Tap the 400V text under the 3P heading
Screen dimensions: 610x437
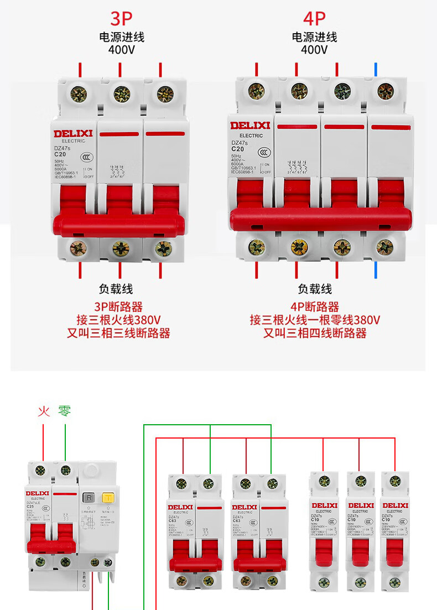tap(122, 50)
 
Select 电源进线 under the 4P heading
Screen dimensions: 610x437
tap(314, 37)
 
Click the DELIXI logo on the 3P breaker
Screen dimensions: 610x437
tap(72, 133)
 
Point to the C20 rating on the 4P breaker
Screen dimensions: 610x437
tap(237, 149)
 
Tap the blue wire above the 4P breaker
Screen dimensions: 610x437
tap(376, 69)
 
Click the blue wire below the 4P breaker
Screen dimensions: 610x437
tap(376, 270)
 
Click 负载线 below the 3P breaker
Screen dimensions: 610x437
tap(116, 289)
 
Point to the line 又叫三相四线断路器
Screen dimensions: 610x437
tap(314, 333)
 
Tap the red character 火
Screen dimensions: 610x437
tap(44, 411)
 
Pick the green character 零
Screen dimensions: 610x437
tap(65, 411)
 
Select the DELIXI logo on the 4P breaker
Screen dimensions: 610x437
tap(250, 126)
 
